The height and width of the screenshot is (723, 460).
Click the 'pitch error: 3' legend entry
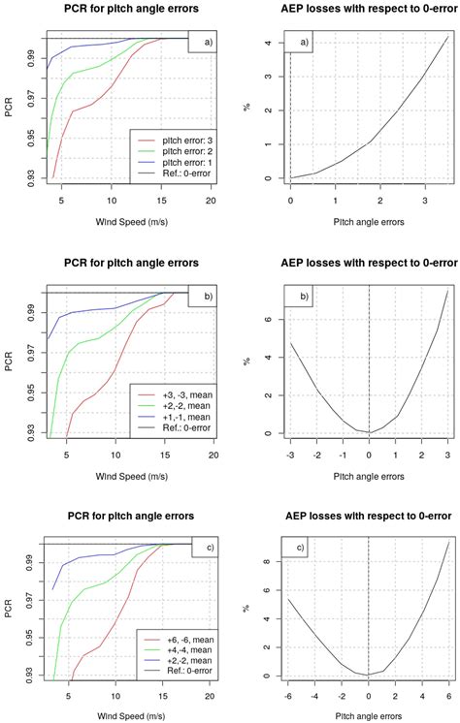(177, 141)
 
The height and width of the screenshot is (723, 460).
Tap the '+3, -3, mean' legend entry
(178, 393)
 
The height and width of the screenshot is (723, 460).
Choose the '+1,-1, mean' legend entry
(178, 415)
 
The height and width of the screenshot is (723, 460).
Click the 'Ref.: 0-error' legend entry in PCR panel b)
(178, 425)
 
